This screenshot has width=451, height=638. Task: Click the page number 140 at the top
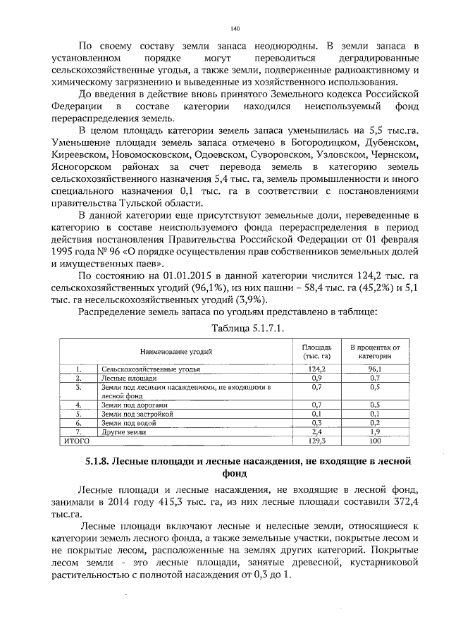pos(235,28)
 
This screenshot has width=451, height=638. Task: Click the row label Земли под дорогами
pos(134,405)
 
